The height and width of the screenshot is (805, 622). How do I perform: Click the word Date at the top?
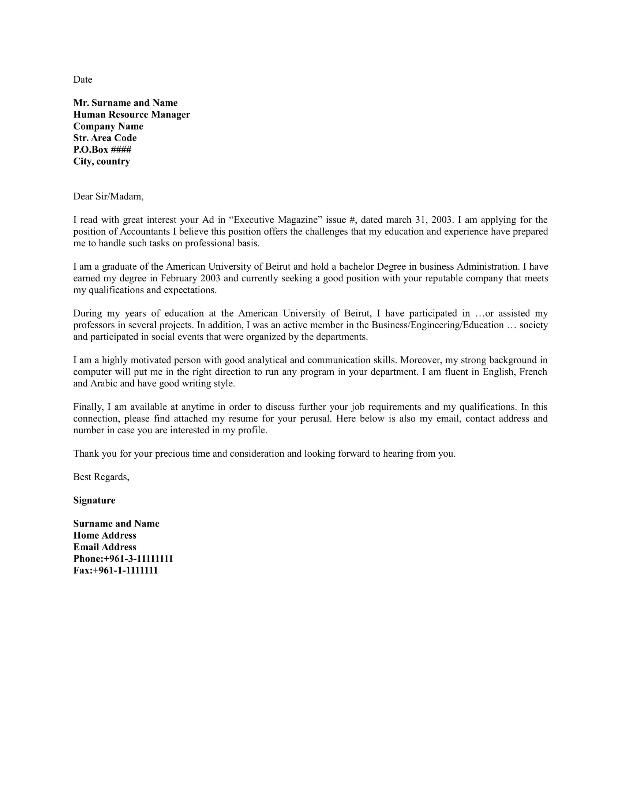click(83, 80)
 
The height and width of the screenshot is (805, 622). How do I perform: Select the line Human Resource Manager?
click(132, 115)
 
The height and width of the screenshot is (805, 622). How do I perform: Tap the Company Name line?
click(108, 127)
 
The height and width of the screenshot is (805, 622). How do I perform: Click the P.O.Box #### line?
click(102, 150)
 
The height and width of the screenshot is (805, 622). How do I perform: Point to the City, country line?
click(101, 161)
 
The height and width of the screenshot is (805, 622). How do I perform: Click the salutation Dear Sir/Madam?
click(108, 196)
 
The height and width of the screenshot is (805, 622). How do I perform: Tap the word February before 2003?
click(179, 278)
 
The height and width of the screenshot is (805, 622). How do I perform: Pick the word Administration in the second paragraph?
click(487, 266)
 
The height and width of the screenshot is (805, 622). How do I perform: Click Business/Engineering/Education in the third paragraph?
click(437, 325)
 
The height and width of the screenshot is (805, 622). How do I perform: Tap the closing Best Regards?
click(101, 477)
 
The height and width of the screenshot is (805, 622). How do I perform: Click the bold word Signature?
click(94, 501)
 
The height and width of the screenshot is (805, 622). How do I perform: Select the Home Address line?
click(105, 536)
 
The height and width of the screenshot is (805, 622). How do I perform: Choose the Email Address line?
click(105, 547)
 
